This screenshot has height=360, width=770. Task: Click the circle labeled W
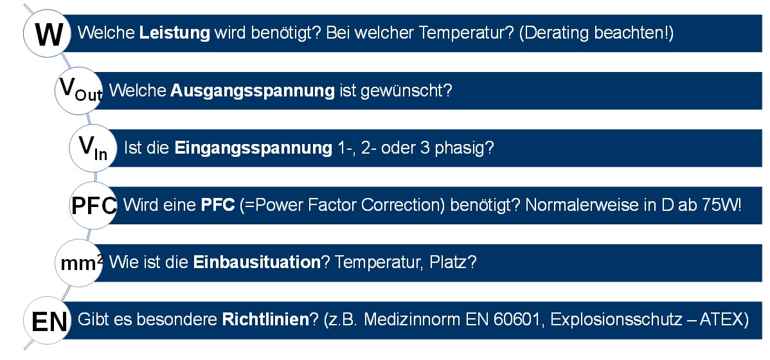click(48, 33)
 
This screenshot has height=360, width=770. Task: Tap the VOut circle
click(78, 91)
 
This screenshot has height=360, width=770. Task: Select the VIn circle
click(94, 148)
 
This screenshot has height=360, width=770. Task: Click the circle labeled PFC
click(94, 205)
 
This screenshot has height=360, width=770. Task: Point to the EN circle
click(48, 320)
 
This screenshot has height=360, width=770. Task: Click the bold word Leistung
click(174, 33)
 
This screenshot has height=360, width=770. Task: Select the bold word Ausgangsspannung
click(253, 91)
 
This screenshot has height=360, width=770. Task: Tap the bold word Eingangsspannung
click(253, 148)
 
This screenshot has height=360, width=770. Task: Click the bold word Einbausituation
click(257, 263)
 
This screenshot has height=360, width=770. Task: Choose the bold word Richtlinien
click(265, 320)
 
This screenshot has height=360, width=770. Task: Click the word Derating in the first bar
click(555, 33)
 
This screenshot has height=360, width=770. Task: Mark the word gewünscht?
click(406, 91)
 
